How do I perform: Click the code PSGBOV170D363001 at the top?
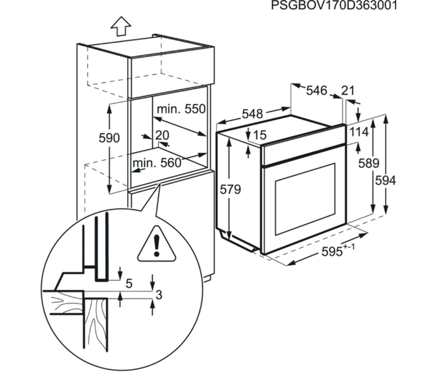click(334, 6)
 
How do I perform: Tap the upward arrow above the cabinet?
click(121, 26)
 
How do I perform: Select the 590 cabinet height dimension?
click(109, 138)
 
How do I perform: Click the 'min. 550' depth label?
click(181, 109)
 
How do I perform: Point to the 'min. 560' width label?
click(157, 163)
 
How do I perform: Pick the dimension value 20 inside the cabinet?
click(162, 135)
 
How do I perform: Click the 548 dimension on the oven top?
click(252, 114)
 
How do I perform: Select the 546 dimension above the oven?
click(316, 91)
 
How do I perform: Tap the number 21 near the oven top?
click(348, 91)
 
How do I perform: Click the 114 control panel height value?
click(359, 131)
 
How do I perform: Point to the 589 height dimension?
click(368, 163)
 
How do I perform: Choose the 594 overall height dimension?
click(386, 180)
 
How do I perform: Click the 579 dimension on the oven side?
click(230, 190)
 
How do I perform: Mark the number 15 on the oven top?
click(260, 135)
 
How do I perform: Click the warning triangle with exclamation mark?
click(156, 244)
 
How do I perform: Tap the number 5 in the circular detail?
click(129, 283)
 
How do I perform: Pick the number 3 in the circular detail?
click(159, 294)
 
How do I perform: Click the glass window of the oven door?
click(305, 200)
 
